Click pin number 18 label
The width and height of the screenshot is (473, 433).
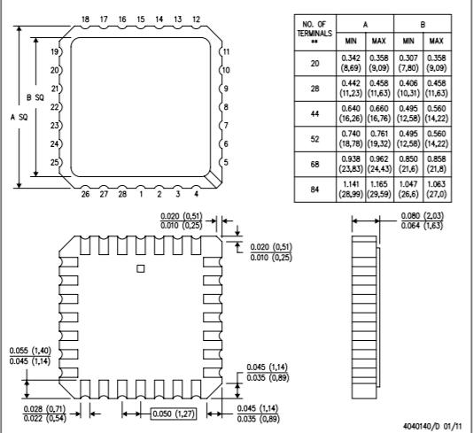click(85, 19)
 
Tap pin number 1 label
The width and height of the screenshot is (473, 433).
click(141, 194)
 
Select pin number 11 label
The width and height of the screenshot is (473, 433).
click(226, 51)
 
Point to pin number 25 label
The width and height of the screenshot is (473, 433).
click(55, 163)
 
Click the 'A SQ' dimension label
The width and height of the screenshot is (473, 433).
click(19, 117)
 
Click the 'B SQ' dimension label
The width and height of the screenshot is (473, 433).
click(35, 97)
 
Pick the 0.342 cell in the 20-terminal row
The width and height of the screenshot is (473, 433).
click(351, 58)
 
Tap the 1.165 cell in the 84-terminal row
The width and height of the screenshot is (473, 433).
click(379, 184)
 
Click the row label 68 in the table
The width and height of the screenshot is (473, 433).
click(314, 165)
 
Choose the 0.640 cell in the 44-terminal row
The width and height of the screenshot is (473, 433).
click(351, 108)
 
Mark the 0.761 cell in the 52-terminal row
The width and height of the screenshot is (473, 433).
click(379, 134)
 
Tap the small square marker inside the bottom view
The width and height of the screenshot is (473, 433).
click(141, 268)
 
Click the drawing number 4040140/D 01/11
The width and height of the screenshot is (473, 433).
click(432, 426)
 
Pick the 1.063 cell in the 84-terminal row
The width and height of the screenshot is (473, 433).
click(436, 184)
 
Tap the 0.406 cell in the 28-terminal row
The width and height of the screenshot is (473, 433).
click(408, 83)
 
